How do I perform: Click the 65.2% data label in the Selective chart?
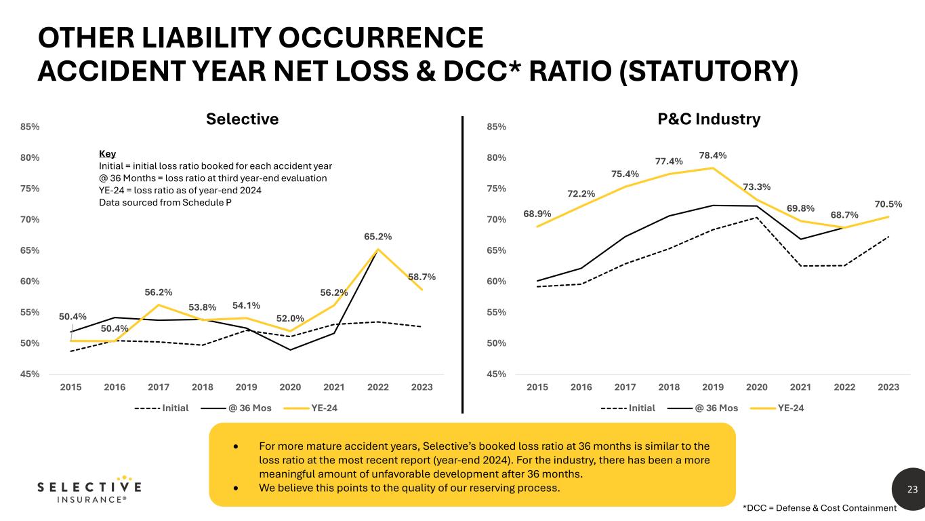(x=378, y=237)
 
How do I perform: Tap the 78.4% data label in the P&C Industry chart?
(x=713, y=155)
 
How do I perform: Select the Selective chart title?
(x=243, y=119)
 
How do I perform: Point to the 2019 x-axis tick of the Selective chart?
(x=246, y=387)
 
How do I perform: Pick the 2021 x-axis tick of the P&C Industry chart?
(x=800, y=387)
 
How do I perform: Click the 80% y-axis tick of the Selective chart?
(x=30, y=158)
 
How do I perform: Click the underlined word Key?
(x=107, y=154)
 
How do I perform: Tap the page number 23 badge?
(x=912, y=489)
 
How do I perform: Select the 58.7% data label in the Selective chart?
(x=422, y=277)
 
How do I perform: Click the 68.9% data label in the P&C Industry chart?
(x=537, y=214)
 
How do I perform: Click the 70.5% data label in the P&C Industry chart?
(x=888, y=203)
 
